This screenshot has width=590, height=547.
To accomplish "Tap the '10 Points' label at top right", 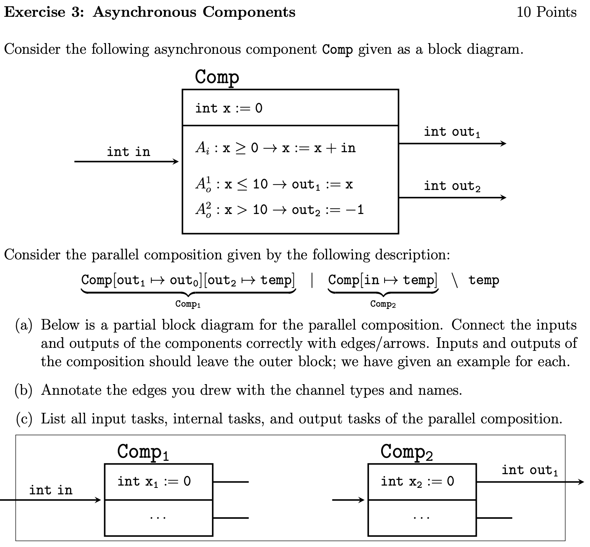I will [x=546, y=12].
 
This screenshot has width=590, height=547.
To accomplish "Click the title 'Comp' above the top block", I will [x=217, y=77].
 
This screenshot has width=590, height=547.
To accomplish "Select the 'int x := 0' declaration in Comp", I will [x=229, y=108].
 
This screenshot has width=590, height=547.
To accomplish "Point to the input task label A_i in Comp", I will [x=202, y=148].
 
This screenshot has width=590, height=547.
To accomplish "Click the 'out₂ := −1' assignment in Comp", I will [x=328, y=209].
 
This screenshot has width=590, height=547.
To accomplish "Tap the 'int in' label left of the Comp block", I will [x=128, y=152].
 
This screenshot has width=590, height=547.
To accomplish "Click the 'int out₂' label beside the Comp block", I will [x=452, y=186].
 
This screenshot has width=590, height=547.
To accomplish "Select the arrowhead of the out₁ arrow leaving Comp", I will [x=503, y=143].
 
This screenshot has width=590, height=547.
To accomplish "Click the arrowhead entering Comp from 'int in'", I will [x=175, y=161].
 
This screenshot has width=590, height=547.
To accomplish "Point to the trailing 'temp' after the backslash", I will [x=483, y=280].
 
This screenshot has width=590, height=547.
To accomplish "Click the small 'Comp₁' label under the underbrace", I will [x=188, y=304].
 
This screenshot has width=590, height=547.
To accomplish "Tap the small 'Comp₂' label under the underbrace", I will [x=383, y=304].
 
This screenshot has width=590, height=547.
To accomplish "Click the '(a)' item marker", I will [x=24, y=325].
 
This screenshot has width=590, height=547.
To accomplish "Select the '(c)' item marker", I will [x=24, y=419].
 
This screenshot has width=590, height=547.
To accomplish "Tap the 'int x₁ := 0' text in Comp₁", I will [x=154, y=481].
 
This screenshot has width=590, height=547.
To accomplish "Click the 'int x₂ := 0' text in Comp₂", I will [x=417, y=481].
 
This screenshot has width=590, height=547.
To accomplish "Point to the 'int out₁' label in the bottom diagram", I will [x=529, y=470].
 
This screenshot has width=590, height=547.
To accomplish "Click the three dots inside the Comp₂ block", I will [x=422, y=518].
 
